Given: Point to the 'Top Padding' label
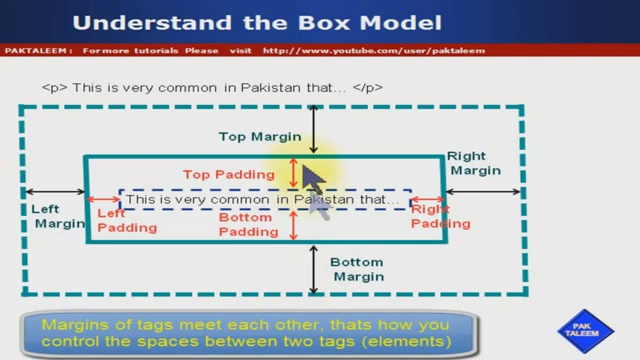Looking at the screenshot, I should click(228, 174).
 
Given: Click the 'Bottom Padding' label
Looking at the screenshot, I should click(248, 225).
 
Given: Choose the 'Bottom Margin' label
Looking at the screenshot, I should click(357, 268).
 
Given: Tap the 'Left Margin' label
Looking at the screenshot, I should click(60, 217).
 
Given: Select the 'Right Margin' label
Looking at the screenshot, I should click(473, 163).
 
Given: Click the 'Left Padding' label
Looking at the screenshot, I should click(126, 220).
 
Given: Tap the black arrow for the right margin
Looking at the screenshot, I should click(483, 191).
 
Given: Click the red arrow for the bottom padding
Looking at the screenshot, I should click(293, 225).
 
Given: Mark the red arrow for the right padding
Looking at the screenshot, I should click(427, 200).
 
